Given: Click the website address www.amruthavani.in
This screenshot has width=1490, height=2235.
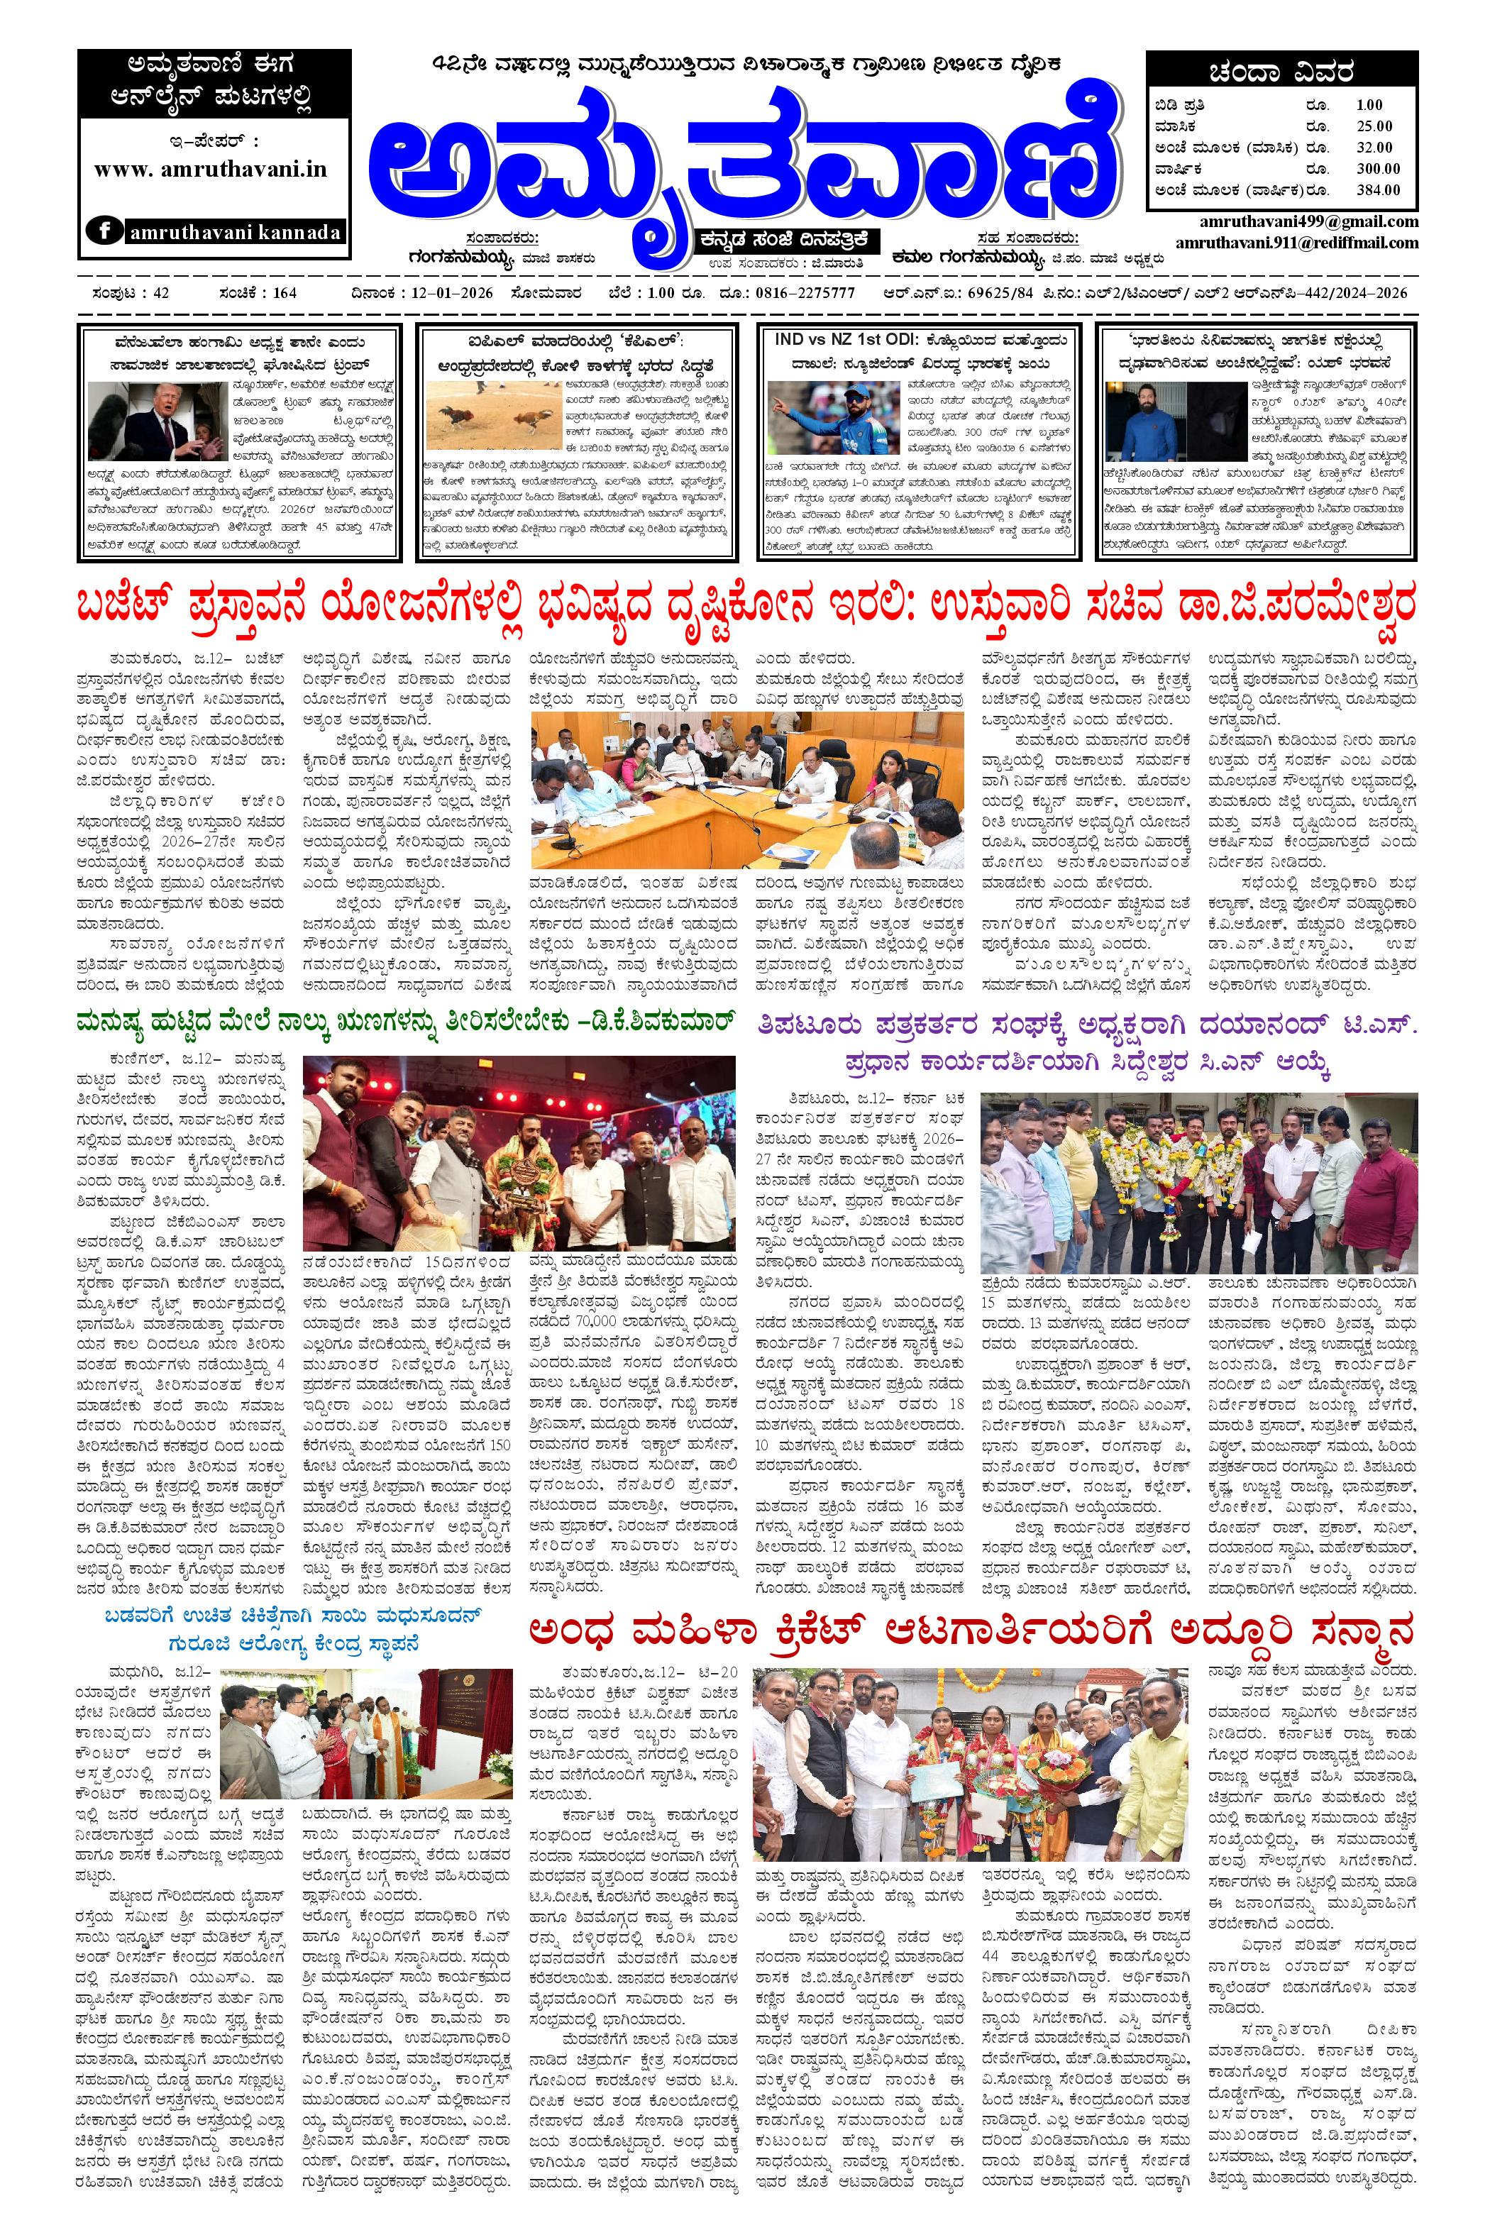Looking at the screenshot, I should tap(210, 169).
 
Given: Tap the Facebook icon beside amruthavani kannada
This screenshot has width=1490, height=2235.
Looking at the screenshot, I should tap(103, 231).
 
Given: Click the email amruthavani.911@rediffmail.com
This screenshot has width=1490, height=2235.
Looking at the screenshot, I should tap(1296, 243).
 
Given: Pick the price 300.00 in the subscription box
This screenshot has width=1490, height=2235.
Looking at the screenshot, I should tap(1378, 168).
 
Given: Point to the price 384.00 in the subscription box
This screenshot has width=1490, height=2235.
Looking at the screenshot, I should tap(1378, 189).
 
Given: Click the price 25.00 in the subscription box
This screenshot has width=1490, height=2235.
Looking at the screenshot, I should tap(1374, 126).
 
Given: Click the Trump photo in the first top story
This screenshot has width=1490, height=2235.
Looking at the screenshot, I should tap(153, 420).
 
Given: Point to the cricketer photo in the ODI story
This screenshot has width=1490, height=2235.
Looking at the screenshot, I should tap(826, 420).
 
